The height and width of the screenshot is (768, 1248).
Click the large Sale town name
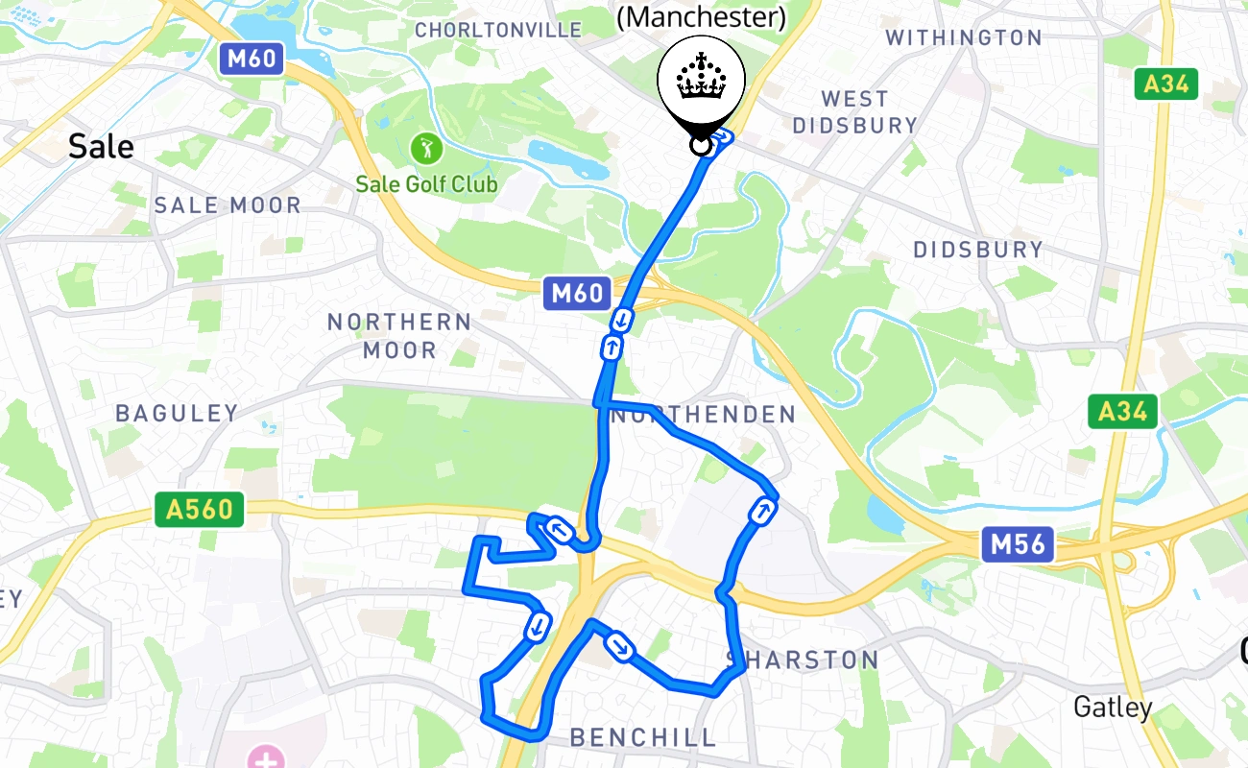[101, 147]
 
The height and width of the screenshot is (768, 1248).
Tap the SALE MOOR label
[228, 204]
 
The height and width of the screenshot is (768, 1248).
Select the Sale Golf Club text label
[426, 183]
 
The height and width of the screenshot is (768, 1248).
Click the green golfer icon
[423, 149]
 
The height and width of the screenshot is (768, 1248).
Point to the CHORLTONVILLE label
[498, 31]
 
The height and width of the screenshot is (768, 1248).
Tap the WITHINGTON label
[963, 37]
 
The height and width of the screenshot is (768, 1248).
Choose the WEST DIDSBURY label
[855, 112]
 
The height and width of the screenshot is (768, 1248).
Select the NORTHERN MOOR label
[399, 335]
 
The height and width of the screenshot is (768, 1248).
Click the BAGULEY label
[177, 413]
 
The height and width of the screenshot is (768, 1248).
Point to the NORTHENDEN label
[704, 415]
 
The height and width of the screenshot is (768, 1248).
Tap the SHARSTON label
[803, 660]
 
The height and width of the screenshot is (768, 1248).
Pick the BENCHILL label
[643, 737]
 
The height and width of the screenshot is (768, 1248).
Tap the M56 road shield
[1018, 544]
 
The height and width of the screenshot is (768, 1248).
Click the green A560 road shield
[200, 509]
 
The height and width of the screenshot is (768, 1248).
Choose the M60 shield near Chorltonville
[252, 60]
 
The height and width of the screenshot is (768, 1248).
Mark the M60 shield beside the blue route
[576, 293]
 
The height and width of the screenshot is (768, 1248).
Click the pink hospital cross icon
[266, 758]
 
